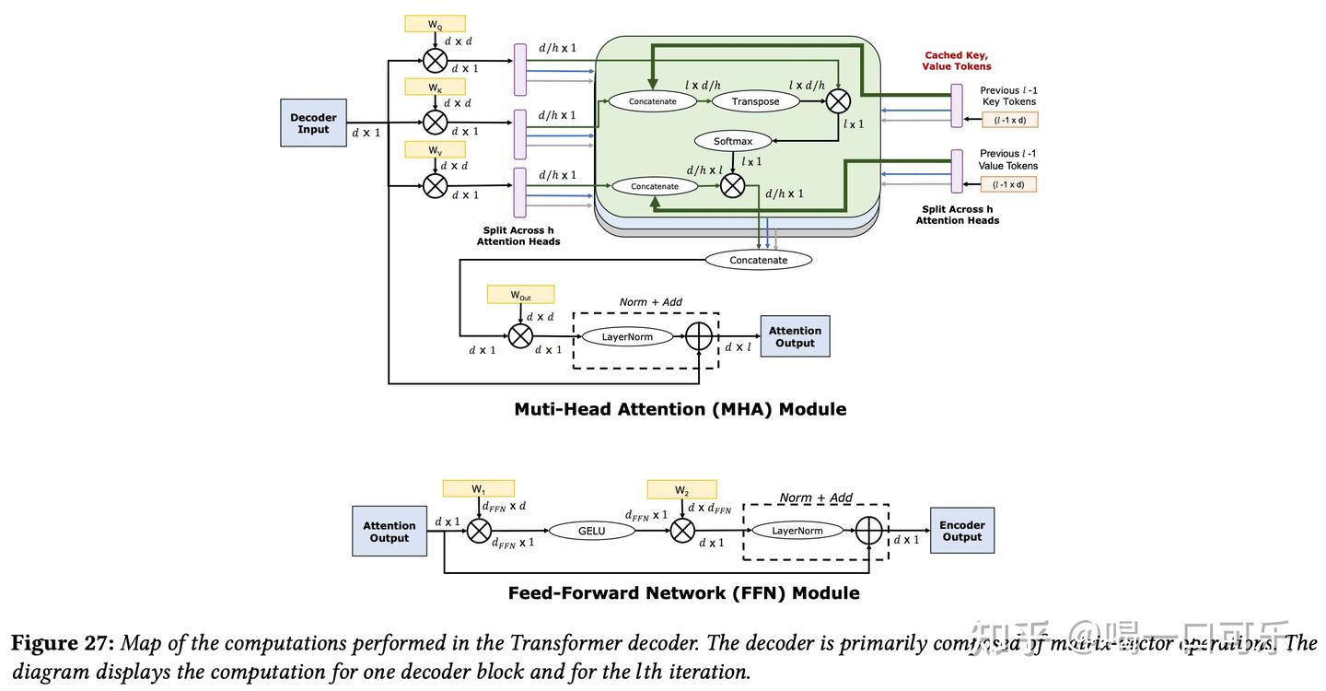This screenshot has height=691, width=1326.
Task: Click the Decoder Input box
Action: tap(313, 123)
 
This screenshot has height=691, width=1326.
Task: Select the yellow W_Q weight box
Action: tap(435, 24)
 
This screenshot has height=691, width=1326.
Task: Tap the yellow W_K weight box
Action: tap(435, 87)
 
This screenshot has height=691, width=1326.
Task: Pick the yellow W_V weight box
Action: tap(435, 149)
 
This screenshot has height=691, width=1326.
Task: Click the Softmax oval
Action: tap(733, 141)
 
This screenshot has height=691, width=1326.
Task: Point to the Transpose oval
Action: tap(755, 101)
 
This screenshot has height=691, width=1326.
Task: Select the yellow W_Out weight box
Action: tap(520, 295)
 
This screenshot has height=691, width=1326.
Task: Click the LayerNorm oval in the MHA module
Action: tap(627, 336)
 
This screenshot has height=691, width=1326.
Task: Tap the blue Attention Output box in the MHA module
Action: tap(795, 336)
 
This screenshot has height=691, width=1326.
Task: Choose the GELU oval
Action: tap(591, 531)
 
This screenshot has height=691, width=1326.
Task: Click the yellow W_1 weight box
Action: tap(478, 488)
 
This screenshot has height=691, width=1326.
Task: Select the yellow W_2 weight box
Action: tap(681, 489)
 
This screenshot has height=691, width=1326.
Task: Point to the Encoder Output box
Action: tap(961, 531)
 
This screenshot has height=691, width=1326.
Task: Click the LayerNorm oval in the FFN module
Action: tap(797, 531)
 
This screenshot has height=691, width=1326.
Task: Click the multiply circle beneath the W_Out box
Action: tap(520, 336)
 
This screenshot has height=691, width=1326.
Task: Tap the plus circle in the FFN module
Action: tap(868, 531)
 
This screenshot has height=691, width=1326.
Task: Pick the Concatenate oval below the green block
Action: tap(759, 260)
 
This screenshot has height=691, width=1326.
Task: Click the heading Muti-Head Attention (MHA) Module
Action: tap(680, 409)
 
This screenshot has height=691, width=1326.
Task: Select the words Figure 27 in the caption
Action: tap(63, 643)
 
